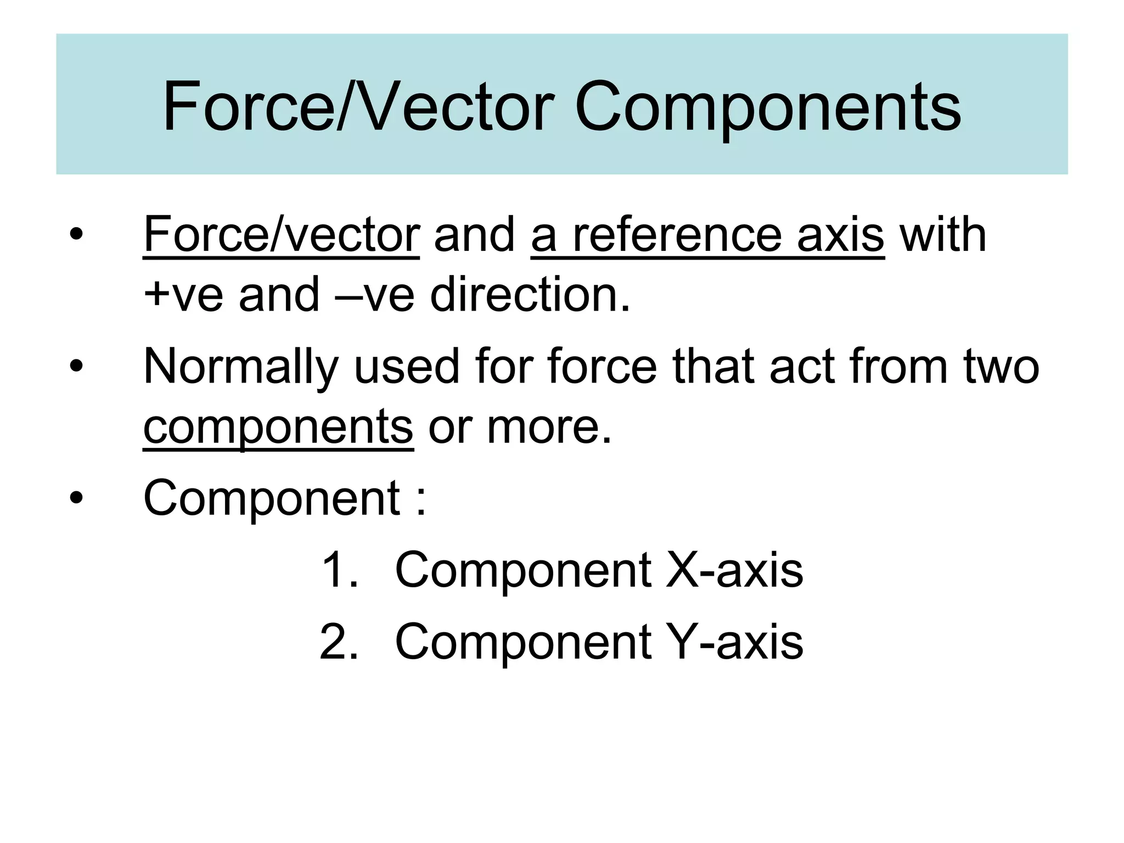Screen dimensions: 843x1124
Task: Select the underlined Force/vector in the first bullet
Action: point(281,235)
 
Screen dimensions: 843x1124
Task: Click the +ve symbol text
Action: point(183,295)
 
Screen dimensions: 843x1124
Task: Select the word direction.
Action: point(530,295)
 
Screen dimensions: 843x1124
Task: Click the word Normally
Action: point(241,367)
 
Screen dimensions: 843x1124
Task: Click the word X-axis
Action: point(734,571)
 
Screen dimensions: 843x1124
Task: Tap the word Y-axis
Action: point(734,642)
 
